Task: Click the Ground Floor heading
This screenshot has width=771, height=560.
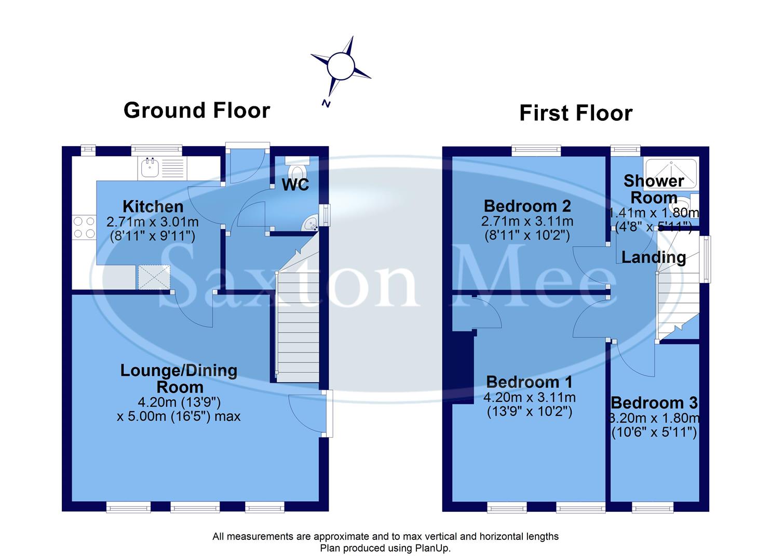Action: point(197,110)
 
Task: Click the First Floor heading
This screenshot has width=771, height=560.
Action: point(576,113)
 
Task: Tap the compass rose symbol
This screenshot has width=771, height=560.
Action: point(341,66)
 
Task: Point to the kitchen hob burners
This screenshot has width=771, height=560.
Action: point(84,227)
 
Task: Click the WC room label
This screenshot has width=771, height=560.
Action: point(295,185)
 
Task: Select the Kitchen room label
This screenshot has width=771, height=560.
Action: point(153,206)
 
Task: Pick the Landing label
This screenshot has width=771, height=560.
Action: point(653,257)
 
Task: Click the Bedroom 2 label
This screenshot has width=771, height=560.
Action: point(527,206)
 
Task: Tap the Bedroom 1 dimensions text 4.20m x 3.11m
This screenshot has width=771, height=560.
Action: point(529,398)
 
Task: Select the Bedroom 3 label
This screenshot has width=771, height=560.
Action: point(654,403)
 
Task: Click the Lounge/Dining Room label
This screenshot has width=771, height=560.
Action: point(179,379)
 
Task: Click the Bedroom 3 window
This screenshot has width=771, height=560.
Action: point(653,507)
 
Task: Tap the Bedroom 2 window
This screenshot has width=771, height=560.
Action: point(536,150)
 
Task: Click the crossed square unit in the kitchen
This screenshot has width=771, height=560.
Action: point(154,277)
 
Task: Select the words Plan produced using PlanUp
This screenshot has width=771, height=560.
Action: point(385,548)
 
